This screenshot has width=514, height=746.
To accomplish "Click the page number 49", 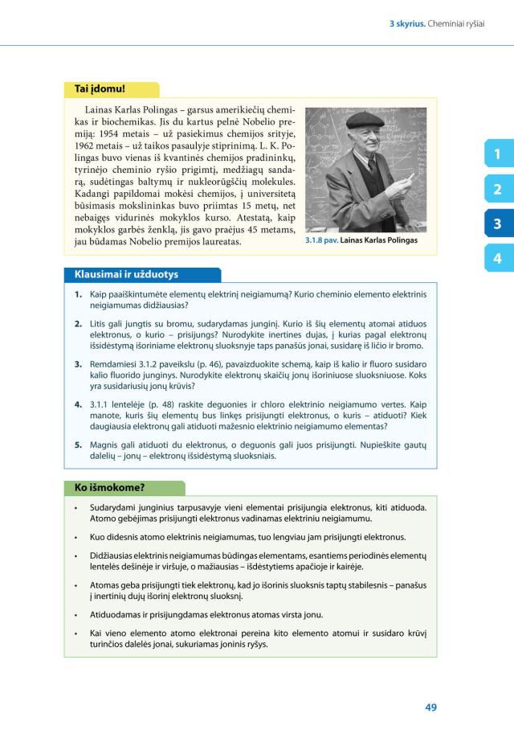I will coord(430,707).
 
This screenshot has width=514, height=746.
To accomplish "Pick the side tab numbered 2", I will coord(497,189).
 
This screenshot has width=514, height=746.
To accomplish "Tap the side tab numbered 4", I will coord(497,258).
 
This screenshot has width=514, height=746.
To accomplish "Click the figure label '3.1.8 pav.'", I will coord(322,240).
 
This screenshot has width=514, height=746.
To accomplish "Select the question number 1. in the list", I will coord(80,295).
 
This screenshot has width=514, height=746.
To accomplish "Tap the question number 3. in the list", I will coord(80,364).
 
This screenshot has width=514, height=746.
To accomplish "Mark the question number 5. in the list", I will coord(80,444).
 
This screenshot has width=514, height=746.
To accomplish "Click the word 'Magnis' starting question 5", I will coord(106,444).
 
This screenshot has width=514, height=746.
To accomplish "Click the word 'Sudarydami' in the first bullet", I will coord(116,508).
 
